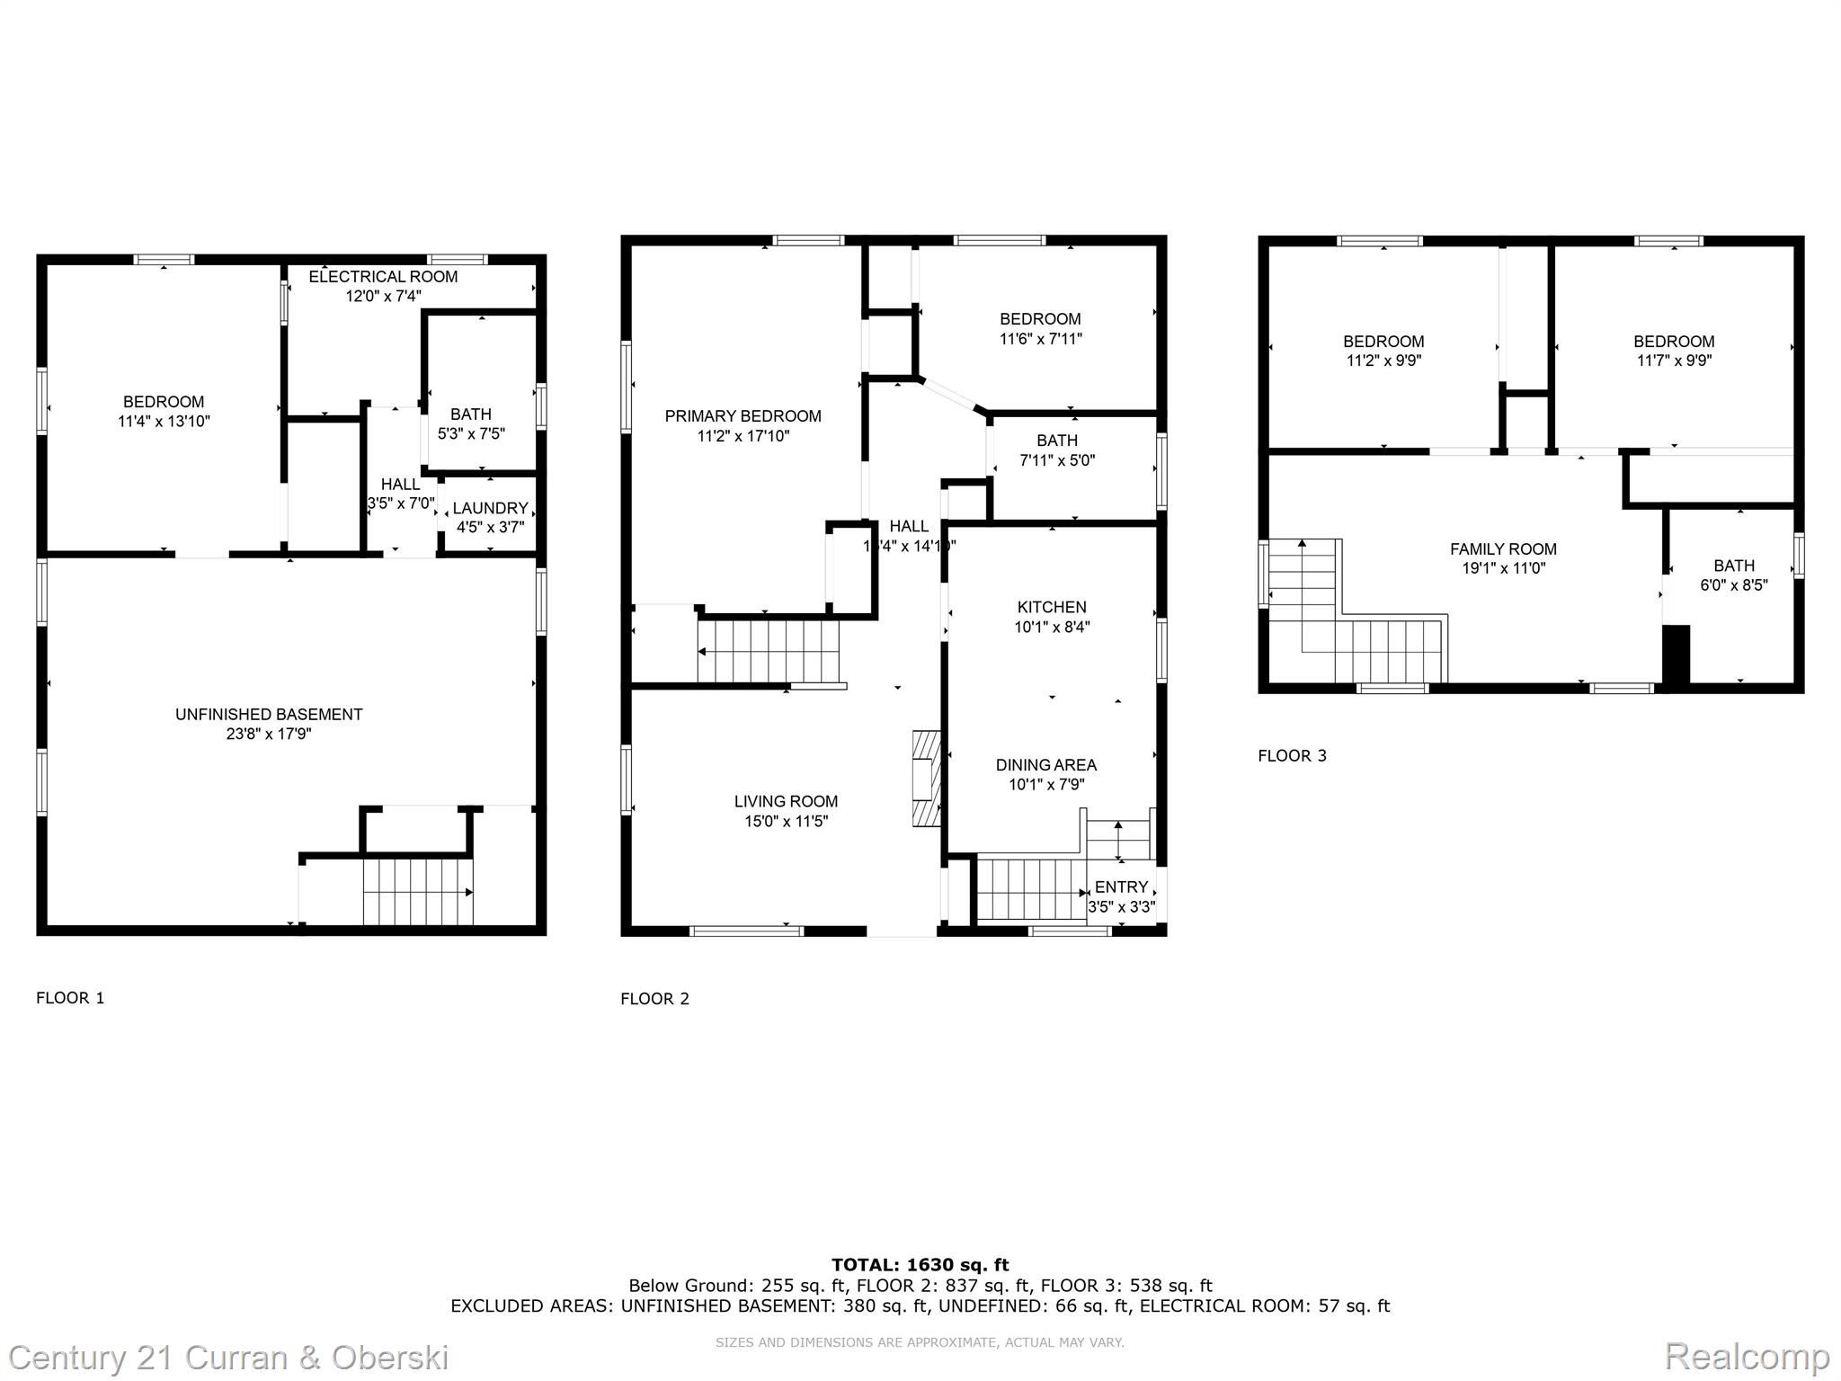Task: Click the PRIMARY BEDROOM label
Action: (x=743, y=416)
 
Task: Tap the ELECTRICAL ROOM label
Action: (x=383, y=277)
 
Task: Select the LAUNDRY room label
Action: (x=490, y=508)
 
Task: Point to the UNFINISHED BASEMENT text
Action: (x=269, y=715)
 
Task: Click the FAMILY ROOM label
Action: (x=1503, y=549)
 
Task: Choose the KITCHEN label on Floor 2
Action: (x=1052, y=608)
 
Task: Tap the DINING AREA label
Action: (x=1045, y=765)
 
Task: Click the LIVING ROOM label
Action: (x=786, y=802)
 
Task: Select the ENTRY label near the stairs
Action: (x=1121, y=887)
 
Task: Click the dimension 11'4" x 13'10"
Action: (x=164, y=422)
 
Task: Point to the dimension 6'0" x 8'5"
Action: (x=1734, y=585)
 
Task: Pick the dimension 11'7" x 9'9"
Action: (x=1674, y=361)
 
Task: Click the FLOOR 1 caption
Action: (x=70, y=998)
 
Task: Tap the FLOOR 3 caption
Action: (x=1292, y=756)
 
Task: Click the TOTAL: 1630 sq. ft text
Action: (x=920, y=1265)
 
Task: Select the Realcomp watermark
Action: (x=1747, y=1356)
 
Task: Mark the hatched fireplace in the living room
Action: (x=925, y=778)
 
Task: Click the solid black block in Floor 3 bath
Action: (x=1676, y=655)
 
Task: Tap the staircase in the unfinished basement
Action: (x=418, y=891)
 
